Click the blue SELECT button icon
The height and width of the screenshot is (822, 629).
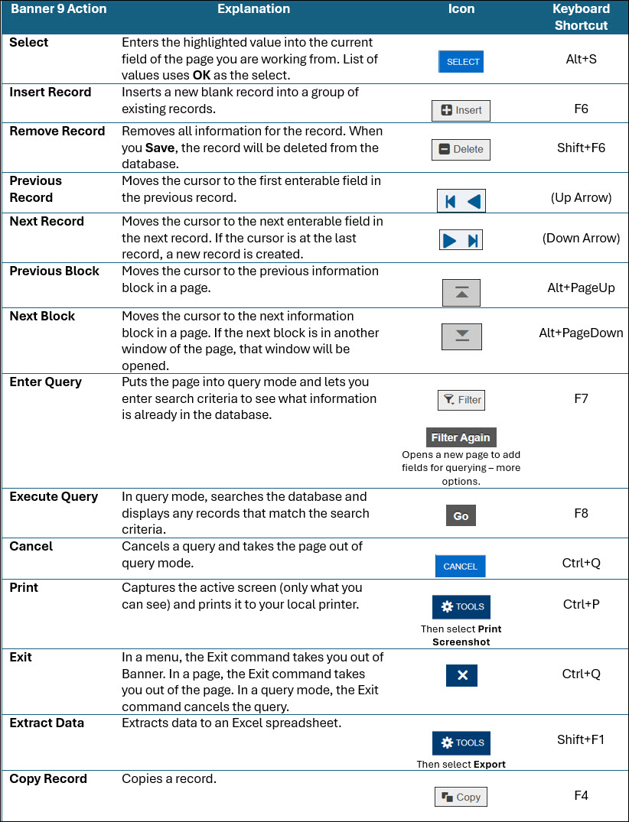(461, 62)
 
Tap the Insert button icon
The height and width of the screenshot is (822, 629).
(461, 110)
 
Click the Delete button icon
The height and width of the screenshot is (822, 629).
(461, 149)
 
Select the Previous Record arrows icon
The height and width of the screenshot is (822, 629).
(461, 201)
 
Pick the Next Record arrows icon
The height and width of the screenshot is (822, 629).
(461, 240)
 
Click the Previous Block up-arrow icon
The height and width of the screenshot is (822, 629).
(461, 293)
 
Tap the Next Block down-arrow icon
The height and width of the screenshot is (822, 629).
(461, 336)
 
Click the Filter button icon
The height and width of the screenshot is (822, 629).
(461, 399)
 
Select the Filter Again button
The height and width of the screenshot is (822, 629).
(461, 437)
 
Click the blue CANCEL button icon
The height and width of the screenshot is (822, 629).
(460, 566)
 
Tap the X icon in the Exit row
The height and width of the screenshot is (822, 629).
(461, 676)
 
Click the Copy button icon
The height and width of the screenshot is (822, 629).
(461, 797)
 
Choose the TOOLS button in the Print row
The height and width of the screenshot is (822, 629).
(461, 606)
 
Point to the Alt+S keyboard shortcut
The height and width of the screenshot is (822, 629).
(581, 58)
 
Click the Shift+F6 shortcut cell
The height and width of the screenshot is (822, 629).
(581, 148)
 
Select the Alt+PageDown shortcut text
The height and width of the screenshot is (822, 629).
(581, 333)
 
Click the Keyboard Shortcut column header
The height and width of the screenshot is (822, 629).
(581, 17)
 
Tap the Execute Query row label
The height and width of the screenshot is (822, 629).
(54, 497)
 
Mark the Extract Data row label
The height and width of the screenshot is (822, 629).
(47, 723)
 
